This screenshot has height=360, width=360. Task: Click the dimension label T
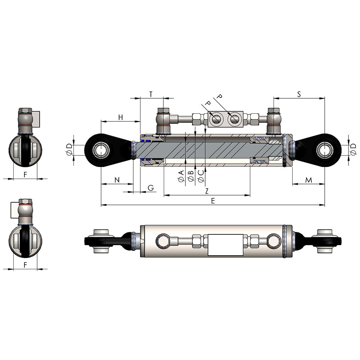coord(151,94)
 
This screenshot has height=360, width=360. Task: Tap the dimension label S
coord(299,94)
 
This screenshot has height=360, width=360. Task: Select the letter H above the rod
coord(121,117)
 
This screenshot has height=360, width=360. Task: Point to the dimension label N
coord(117,180)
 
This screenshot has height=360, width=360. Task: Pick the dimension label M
coord(309,180)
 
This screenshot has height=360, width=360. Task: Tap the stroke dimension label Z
coord(207,191)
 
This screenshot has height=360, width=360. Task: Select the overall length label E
coord(213,201)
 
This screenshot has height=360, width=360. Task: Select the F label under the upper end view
coord(25,175)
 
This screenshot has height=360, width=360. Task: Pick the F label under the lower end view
coord(25,265)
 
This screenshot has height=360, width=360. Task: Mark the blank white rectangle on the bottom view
coord(226,245)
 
